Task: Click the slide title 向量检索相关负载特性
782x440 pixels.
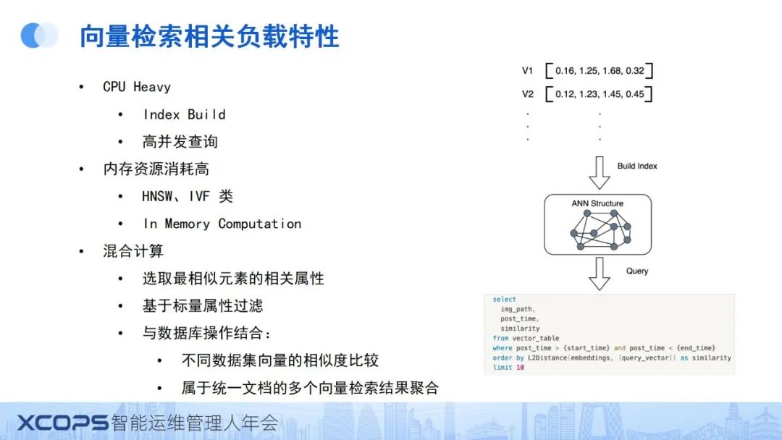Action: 209,37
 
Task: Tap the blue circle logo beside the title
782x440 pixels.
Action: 39,35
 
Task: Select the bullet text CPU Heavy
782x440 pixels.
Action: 137,87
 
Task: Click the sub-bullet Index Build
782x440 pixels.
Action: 184,114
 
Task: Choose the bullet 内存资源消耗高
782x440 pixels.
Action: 156,169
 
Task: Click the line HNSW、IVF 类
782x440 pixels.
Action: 188,196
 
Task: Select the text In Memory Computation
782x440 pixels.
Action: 222,224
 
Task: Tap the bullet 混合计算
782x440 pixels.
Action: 133,251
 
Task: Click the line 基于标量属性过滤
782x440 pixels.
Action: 202,305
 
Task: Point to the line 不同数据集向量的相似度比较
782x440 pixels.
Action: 279,360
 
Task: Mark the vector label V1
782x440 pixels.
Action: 527,71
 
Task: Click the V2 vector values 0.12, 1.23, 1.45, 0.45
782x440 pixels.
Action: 600,94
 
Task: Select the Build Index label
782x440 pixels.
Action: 637,166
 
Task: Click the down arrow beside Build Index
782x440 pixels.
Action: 599,172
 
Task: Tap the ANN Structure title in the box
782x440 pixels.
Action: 597,203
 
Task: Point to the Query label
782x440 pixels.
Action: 637,271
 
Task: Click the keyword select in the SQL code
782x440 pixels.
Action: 504,300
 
